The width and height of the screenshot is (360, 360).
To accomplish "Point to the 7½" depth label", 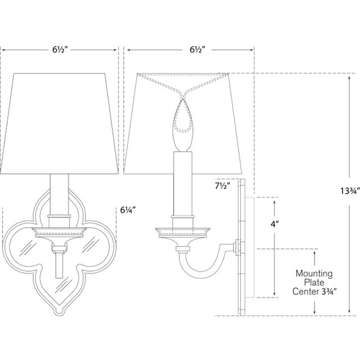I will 223,185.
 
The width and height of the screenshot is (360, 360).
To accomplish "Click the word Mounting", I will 314,274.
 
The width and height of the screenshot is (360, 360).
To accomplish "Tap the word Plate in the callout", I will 314,283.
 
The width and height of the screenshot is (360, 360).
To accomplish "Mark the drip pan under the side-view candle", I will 183,230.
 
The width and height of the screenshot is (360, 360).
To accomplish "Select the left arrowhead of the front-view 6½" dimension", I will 4,49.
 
